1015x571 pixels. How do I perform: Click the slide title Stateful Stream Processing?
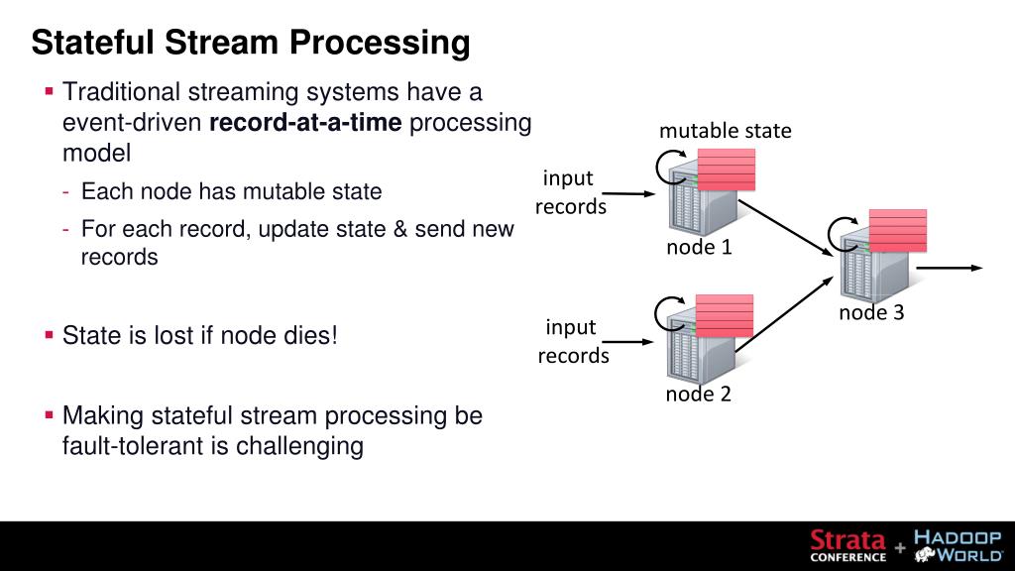pos(250,43)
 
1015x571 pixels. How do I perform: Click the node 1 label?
pos(699,247)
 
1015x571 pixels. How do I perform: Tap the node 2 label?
pos(699,394)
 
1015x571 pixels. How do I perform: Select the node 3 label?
pos(871,313)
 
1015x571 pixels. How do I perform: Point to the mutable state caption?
pos(726,131)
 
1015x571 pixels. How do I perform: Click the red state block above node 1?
pos(726,170)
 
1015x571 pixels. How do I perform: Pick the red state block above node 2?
pos(724,315)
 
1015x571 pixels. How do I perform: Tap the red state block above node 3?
pos(897,230)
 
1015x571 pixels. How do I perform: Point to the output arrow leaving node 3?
pos(949,268)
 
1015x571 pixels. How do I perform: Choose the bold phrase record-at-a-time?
pos(305,124)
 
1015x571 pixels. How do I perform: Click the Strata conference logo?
pos(847,544)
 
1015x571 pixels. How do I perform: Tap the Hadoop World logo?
pos(957,544)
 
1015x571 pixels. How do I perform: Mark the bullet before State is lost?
pos(49,335)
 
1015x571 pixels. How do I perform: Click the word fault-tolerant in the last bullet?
pos(132,446)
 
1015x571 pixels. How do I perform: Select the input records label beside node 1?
pos(570,192)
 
